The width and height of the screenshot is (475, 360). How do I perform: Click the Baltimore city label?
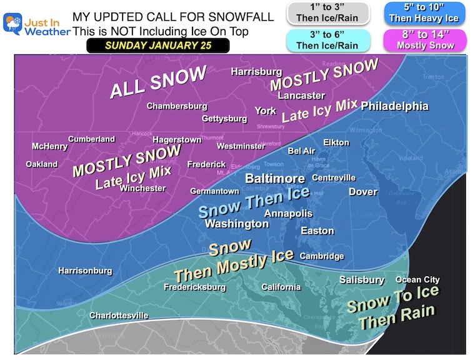(274, 179)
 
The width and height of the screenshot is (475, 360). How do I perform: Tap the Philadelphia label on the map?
(395, 106)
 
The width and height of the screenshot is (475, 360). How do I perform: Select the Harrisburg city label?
(256, 72)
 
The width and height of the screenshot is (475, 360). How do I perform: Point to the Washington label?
(237, 223)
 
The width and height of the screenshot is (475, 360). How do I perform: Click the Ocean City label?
(417, 280)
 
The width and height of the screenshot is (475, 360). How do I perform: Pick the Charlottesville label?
(119, 316)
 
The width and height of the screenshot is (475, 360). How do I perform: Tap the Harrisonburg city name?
(85, 271)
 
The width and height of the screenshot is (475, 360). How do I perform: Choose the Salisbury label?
(362, 280)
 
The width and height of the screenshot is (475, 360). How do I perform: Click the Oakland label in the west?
(42, 164)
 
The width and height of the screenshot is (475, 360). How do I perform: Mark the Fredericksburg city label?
(194, 287)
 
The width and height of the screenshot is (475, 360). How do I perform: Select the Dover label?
(363, 192)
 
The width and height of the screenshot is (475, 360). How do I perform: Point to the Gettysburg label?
(224, 119)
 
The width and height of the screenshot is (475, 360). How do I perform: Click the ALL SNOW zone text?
(157, 82)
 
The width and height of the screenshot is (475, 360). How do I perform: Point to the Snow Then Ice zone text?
(254, 201)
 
